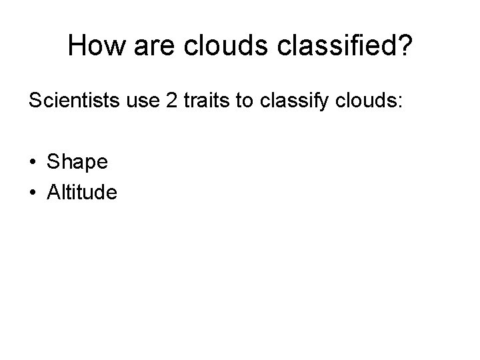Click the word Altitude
[x=82, y=193]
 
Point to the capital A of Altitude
[x=54, y=193]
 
